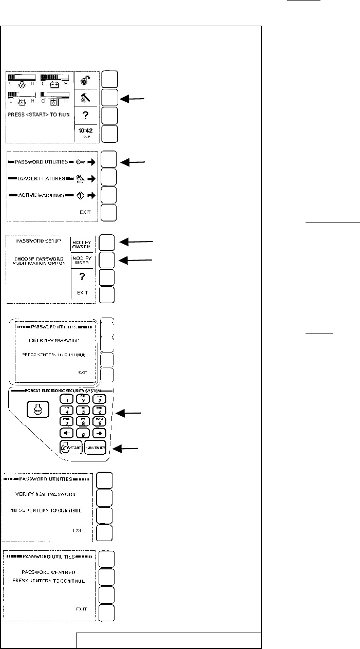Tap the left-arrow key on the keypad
[x=66, y=433]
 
